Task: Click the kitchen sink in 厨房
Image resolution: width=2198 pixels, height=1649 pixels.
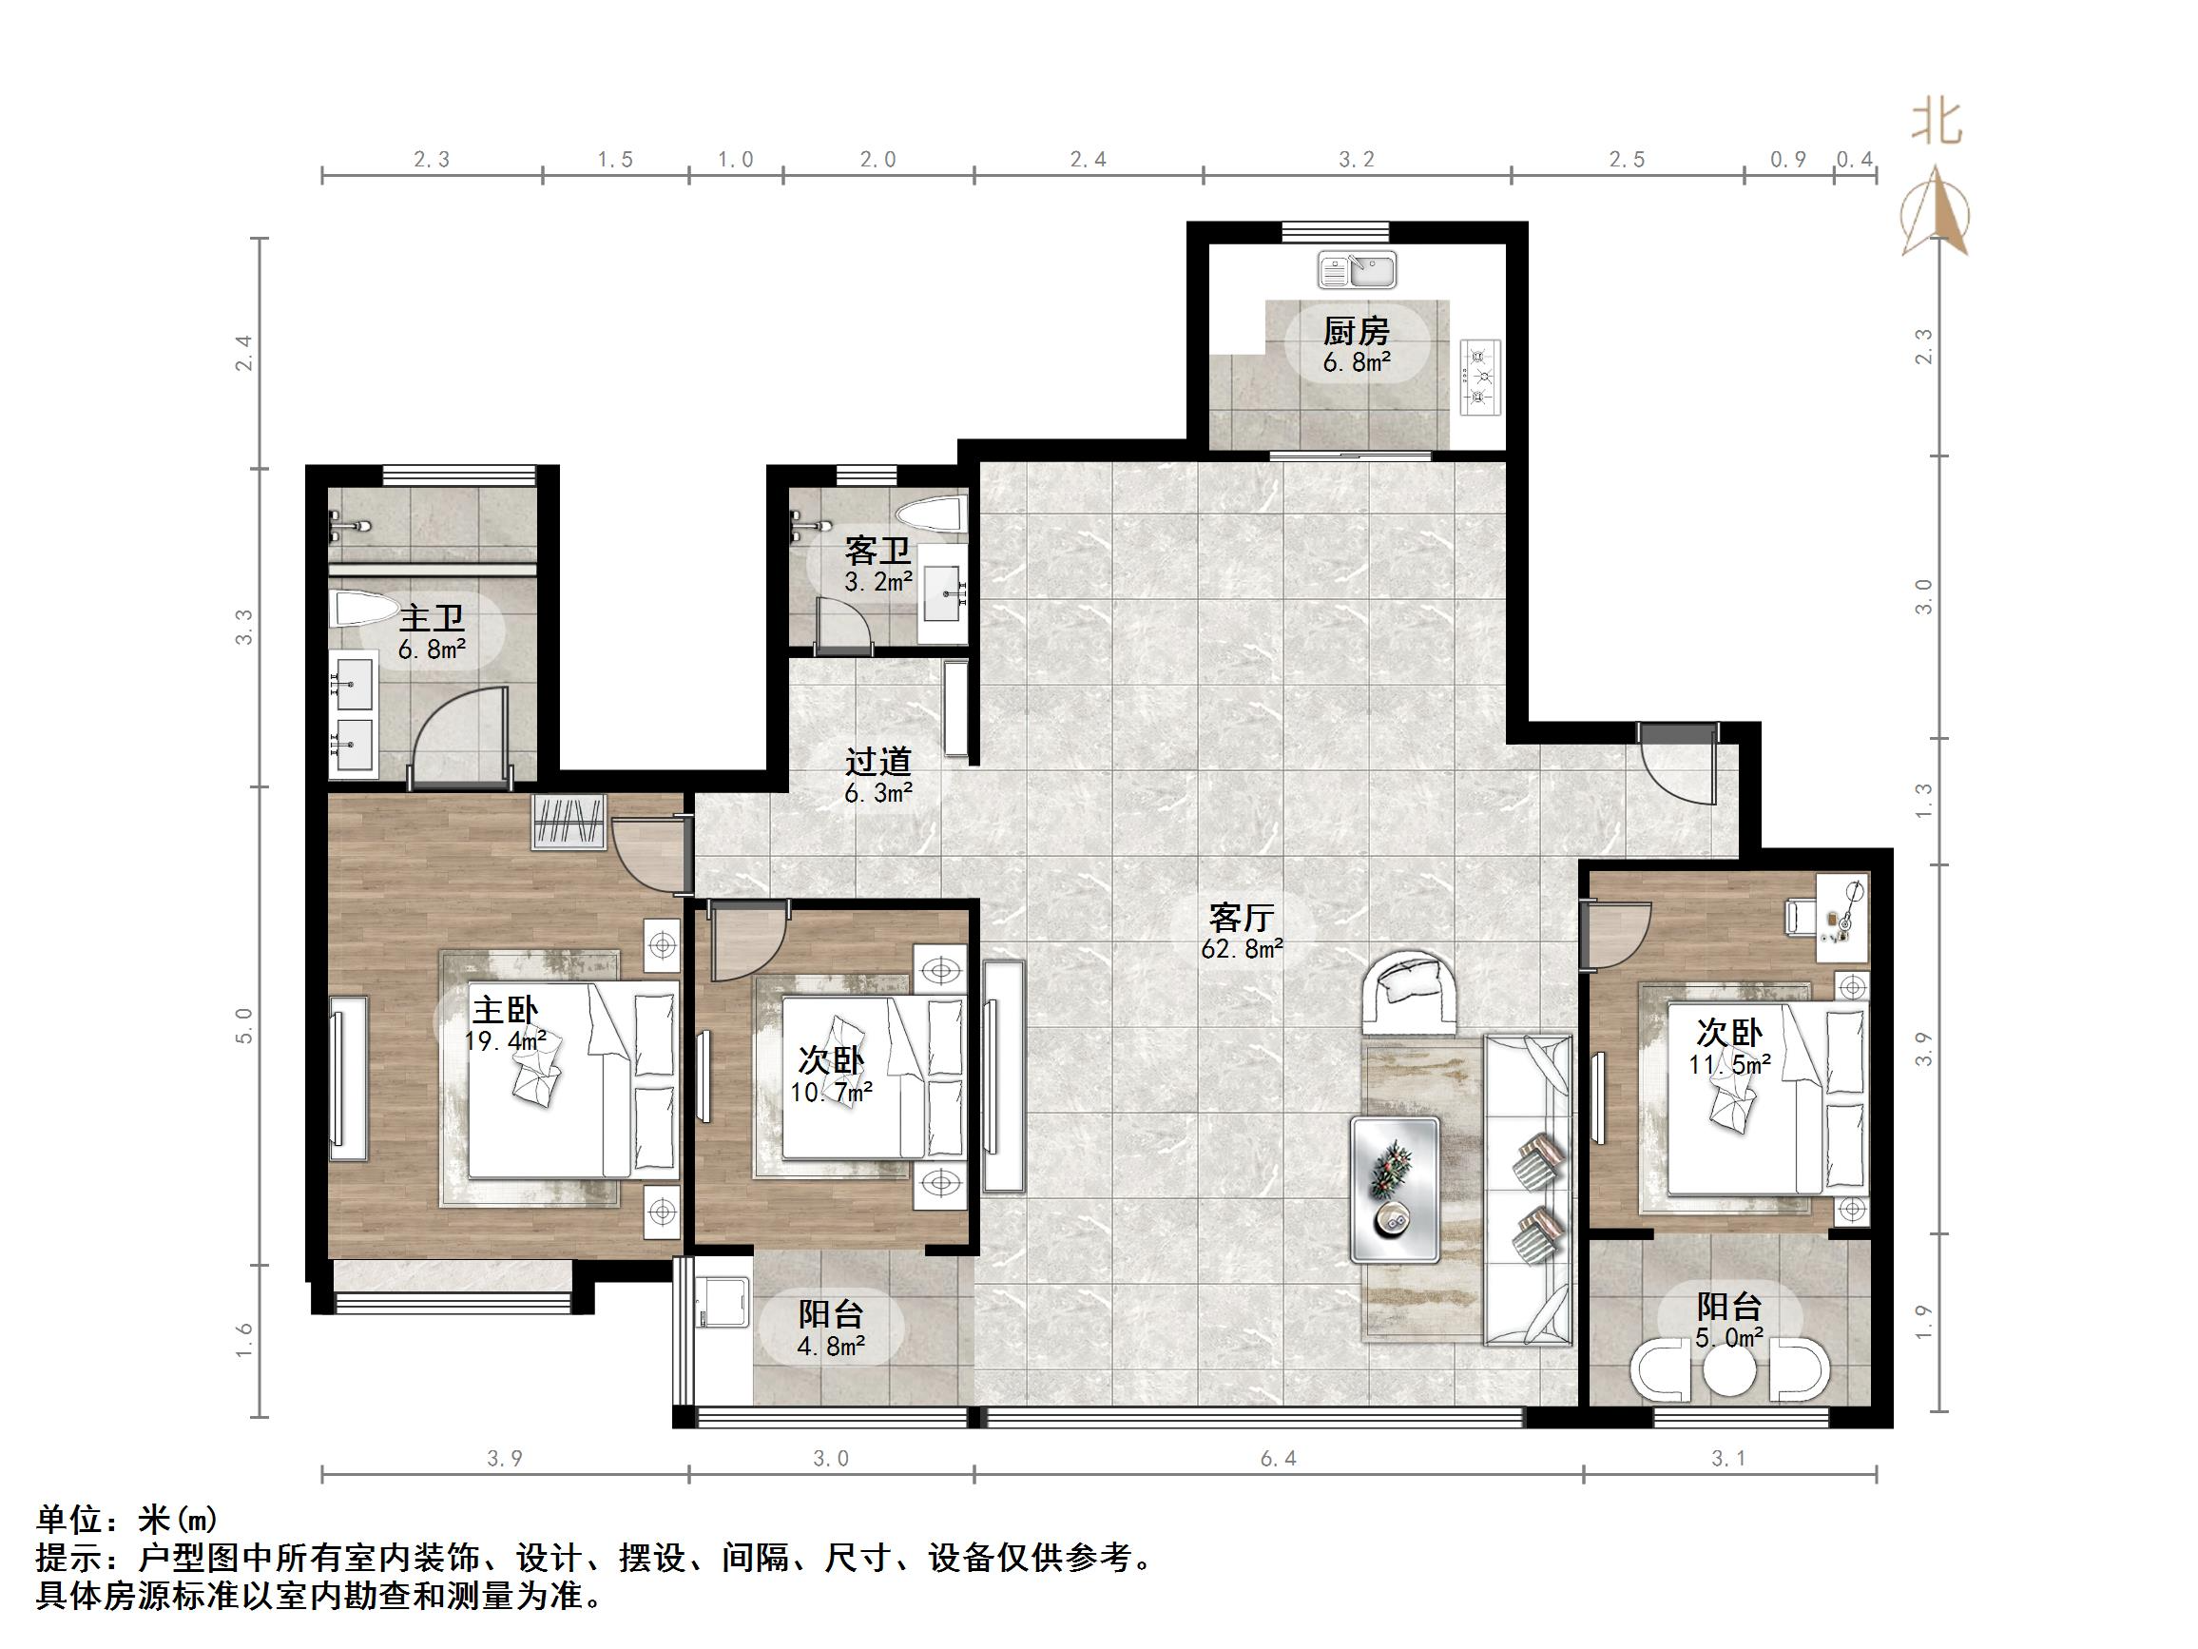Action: click(x=1358, y=269)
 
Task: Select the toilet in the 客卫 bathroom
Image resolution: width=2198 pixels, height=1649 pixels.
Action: click(x=930, y=514)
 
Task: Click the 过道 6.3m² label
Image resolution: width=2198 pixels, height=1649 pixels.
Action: click(x=878, y=776)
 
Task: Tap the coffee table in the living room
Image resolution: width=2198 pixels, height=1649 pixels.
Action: click(x=1395, y=1190)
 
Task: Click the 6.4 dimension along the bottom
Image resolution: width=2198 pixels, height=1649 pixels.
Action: click(x=1279, y=1458)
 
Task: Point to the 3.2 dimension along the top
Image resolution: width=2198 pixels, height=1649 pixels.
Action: click(x=1357, y=160)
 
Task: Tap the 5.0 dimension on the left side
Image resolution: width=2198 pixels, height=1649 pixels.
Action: click(x=244, y=1025)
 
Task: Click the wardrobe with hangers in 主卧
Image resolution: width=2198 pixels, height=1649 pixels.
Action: click(x=569, y=823)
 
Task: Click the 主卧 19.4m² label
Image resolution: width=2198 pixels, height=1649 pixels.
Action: click(x=505, y=1024)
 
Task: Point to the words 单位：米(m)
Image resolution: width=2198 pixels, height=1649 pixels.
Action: click(x=126, y=1519)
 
